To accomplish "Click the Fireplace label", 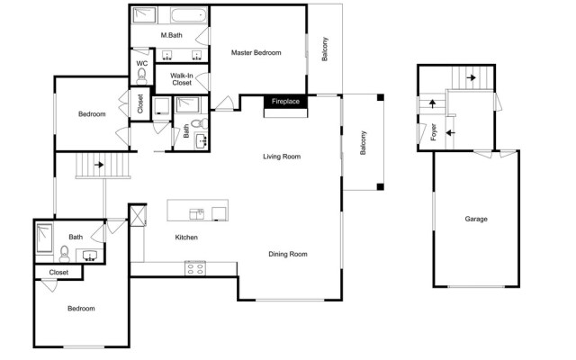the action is click(285, 102).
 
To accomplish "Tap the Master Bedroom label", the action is click(256, 53).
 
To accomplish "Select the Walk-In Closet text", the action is click(182, 79).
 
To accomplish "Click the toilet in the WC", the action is click(141, 76).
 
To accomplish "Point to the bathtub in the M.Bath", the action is click(188, 16).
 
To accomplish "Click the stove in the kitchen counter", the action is click(195, 268).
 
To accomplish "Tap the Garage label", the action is click(476, 219).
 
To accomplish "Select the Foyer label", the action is click(434, 132).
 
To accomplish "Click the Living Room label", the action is click(282, 157).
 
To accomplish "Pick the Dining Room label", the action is click(288, 254).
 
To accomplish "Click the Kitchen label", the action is click(186, 238).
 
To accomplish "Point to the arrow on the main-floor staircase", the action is click(99, 165).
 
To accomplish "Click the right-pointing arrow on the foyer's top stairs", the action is click(472, 78).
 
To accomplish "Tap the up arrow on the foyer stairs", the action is click(433, 103).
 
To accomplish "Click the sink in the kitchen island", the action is click(196, 214).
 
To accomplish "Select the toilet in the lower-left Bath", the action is click(64, 254).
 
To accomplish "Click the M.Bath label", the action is click(172, 35).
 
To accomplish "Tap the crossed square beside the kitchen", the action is click(138, 216).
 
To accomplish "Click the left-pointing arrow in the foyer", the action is click(450, 132).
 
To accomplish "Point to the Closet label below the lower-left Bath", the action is click(58, 273).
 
